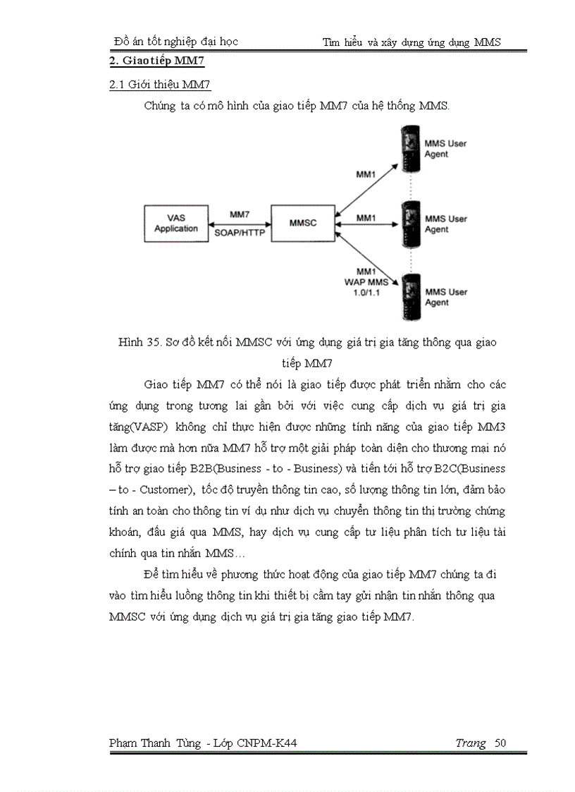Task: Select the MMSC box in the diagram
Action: (303, 222)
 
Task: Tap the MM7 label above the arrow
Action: (240, 214)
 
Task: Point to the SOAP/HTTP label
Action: (240, 233)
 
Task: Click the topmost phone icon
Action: (408, 146)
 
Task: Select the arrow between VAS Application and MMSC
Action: (240, 223)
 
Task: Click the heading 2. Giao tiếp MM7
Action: (157, 61)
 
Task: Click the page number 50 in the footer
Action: (500, 743)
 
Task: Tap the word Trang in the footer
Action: (470, 743)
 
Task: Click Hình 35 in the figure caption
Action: (139, 343)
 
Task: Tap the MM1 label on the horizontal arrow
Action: (366, 218)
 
